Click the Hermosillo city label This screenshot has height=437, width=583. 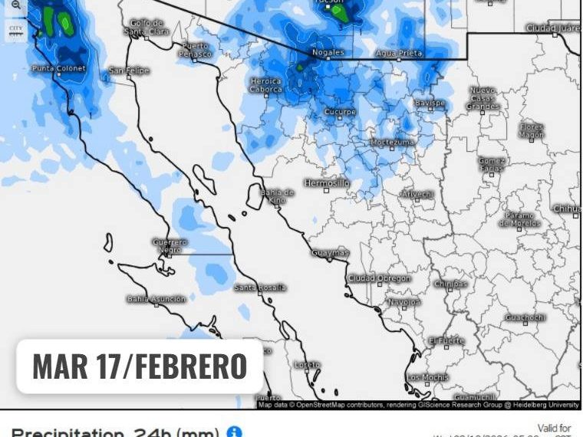coord(327,183)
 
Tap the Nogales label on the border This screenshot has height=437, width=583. coord(328,53)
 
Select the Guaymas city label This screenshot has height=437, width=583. coord(331,252)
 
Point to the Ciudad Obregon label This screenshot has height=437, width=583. coord(379,278)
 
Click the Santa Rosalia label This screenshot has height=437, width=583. coord(261,287)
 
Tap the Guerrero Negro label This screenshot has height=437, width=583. coord(170,245)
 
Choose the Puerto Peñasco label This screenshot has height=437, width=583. coord(195,50)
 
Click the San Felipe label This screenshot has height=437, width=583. coord(128,71)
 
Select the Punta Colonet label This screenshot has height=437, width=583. coord(59,68)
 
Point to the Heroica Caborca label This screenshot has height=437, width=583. coord(266,84)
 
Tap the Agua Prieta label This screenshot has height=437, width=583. coord(398,53)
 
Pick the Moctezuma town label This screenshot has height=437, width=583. coord(392,142)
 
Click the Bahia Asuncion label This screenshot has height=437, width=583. coord(156,299)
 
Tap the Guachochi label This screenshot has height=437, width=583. coord(525,317)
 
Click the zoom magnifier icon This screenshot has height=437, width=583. coord(16,5)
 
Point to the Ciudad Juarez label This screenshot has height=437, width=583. coord(553,28)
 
